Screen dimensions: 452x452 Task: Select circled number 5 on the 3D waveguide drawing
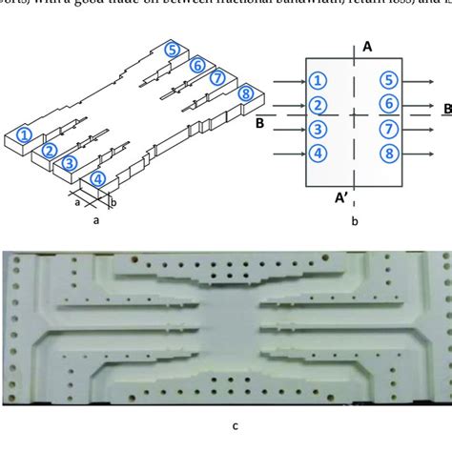click(171, 50)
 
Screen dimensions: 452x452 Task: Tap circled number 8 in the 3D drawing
click(247, 93)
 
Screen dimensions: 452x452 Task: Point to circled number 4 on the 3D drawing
click(98, 178)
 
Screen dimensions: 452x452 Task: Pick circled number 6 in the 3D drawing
click(196, 65)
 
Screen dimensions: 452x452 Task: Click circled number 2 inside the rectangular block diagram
click(319, 105)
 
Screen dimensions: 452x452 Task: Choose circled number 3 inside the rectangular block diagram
click(319, 129)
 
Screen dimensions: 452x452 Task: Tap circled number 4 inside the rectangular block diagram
click(319, 153)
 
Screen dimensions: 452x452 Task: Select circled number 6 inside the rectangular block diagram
click(387, 105)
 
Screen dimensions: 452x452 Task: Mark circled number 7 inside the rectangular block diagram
click(387, 129)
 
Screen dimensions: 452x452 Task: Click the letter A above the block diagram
click(367, 45)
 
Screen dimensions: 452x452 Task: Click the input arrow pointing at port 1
click(289, 81)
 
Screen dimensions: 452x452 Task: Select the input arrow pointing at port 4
click(289, 153)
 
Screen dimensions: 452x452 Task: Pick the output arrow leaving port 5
click(420, 81)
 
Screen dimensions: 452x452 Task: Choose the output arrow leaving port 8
click(420, 153)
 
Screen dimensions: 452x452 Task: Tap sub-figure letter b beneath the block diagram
click(354, 222)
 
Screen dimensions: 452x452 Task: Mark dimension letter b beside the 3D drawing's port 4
click(113, 202)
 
